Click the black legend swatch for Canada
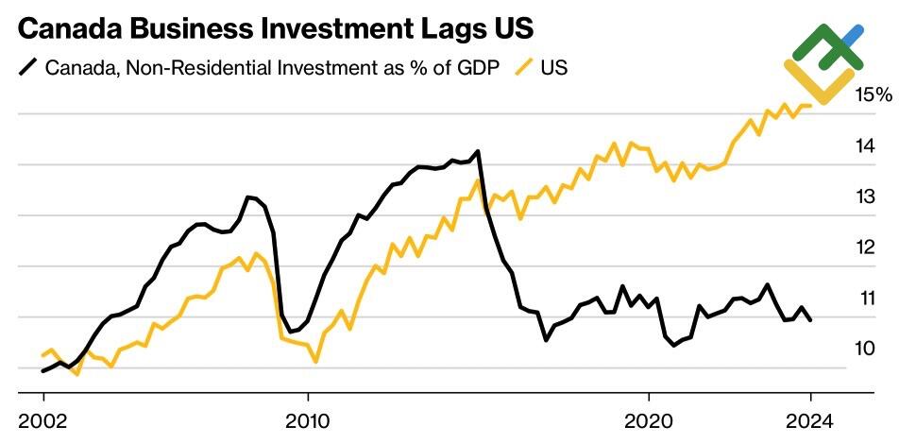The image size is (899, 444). pos(29,68)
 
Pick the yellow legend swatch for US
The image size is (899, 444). pos(523,68)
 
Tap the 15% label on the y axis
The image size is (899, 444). pos(873,94)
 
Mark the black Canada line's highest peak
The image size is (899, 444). pos(479,151)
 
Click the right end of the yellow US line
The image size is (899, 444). pos(811,105)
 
